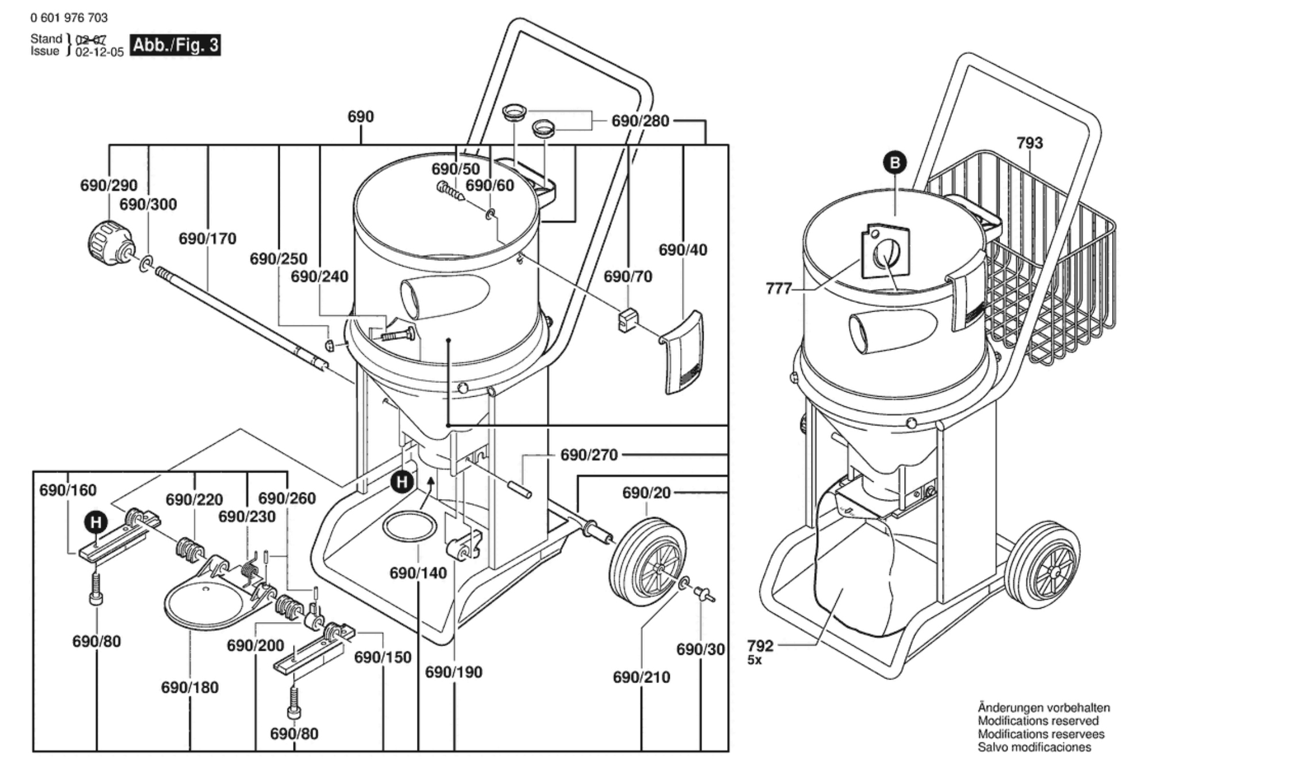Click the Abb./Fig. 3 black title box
175,45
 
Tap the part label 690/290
109,185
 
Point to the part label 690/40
682,250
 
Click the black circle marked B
894,163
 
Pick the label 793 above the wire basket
1029,143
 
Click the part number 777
779,288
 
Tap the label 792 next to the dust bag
761,646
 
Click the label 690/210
641,677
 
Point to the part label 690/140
418,573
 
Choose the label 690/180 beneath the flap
190,687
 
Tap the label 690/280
640,121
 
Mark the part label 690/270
589,455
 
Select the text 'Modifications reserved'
1038,720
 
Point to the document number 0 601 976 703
69,18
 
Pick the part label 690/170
207,238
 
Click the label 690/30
700,649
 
